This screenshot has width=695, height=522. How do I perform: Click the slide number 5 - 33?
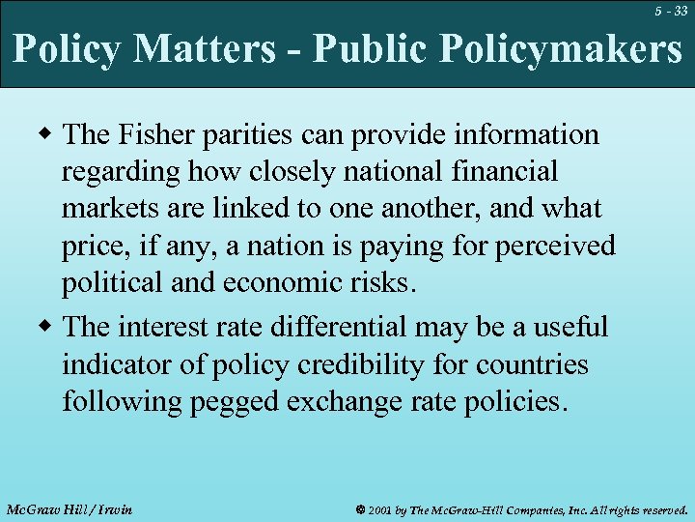(668, 12)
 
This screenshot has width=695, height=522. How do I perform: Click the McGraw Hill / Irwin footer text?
(69, 508)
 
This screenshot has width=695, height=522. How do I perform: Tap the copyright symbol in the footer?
(358, 508)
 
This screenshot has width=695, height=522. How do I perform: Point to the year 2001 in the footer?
(379, 508)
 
